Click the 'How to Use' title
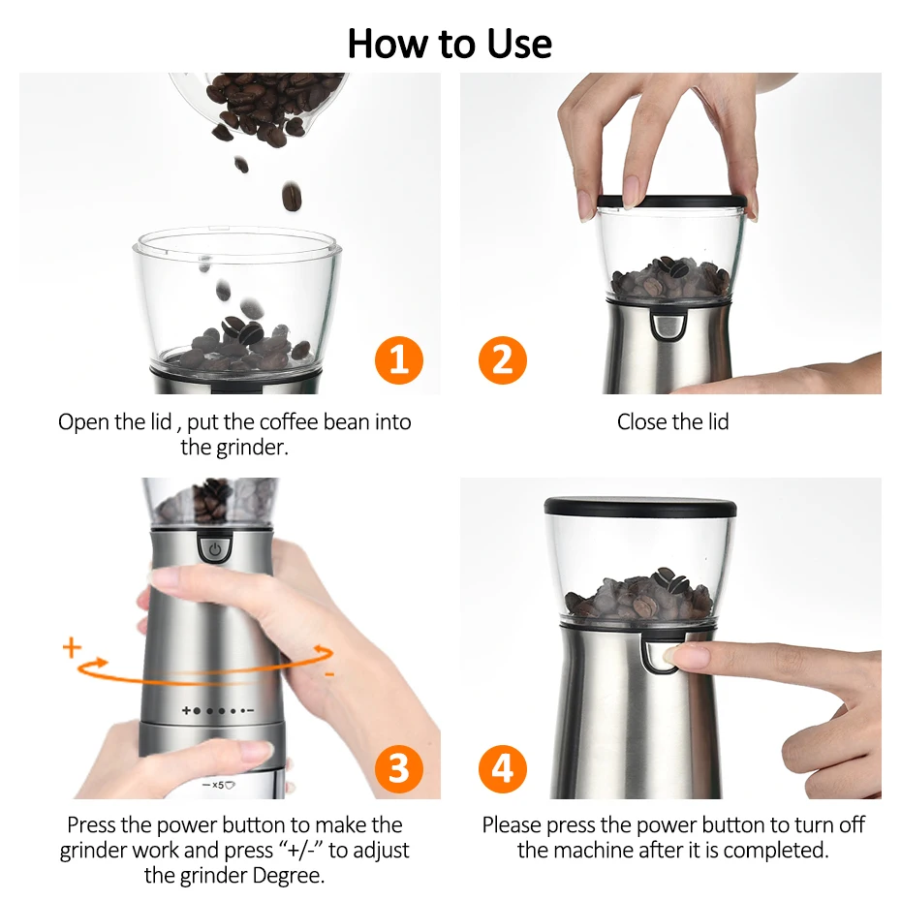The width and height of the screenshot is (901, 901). [450, 44]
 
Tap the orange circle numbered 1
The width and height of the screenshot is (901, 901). [399, 360]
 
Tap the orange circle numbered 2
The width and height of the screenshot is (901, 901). [502, 360]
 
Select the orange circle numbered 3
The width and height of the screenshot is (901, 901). [399, 769]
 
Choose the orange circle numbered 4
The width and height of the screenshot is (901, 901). [502, 769]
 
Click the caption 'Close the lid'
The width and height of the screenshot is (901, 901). [673, 421]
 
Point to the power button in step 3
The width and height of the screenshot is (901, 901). [215, 548]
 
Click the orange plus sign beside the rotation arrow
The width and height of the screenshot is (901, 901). [72, 647]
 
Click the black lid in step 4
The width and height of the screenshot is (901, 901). [640, 508]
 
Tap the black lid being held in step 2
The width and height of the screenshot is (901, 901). [671, 202]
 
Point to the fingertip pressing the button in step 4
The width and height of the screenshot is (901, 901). [672, 655]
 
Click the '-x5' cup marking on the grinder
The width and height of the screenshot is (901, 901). [219, 785]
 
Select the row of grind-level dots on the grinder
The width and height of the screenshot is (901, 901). [218, 711]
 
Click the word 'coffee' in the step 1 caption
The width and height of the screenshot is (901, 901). [289, 421]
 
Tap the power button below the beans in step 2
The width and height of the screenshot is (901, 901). [668, 326]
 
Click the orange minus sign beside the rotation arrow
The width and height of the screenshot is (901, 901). [329, 673]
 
